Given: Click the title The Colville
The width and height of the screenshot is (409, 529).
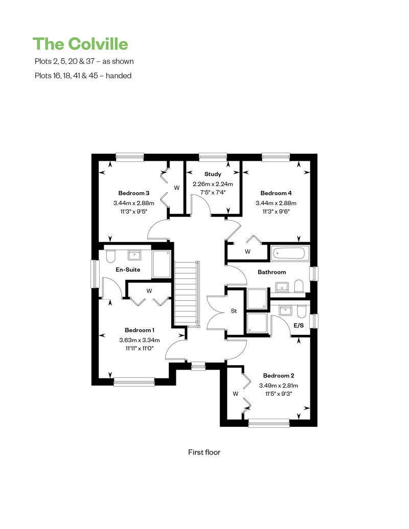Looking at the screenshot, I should (x=80, y=44).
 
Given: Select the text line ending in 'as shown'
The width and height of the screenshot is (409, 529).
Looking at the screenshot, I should (x=83, y=61).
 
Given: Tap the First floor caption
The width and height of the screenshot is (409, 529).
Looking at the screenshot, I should (x=204, y=452).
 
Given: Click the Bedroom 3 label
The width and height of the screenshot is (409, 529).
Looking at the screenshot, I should (x=133, y=193).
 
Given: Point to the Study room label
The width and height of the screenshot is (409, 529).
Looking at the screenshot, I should (x=213, y=174).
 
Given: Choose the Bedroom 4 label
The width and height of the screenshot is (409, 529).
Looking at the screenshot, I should (x=276, y=193).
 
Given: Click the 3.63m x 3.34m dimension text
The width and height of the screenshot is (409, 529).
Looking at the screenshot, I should (x=140, y=340).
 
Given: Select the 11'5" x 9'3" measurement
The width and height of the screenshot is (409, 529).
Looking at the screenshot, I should (x=278, y=394).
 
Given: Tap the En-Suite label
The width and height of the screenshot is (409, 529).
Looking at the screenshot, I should (x=128, y=270).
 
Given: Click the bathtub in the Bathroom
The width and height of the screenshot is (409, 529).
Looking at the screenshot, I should (x=289, y=252).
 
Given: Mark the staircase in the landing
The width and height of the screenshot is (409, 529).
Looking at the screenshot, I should (x=186, y=293).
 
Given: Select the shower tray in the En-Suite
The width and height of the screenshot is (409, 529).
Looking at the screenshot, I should (x=161, y=264).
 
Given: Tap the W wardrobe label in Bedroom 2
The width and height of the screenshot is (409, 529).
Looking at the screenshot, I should (x=236, y=394).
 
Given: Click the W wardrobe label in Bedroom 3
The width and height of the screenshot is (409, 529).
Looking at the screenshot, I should (x=177, y=188).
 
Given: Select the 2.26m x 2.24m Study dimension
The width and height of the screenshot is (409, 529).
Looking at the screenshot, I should (x=213, y=184).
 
